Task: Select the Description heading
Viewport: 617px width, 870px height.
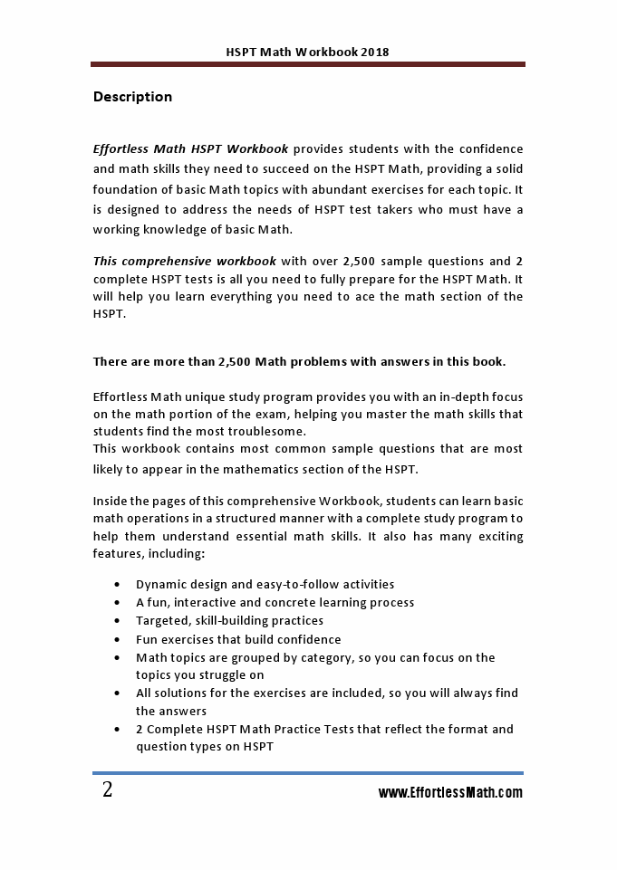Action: (132, 97)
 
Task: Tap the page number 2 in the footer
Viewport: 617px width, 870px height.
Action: (108, 790)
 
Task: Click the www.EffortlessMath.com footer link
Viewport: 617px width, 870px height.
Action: (450, 793)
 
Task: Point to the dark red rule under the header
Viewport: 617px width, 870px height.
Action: (308, 64)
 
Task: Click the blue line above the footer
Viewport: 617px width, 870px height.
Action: (308, 773)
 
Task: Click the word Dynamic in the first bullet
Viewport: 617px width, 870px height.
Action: (161, 585)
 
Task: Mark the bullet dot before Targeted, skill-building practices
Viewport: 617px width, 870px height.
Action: (118, 621)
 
